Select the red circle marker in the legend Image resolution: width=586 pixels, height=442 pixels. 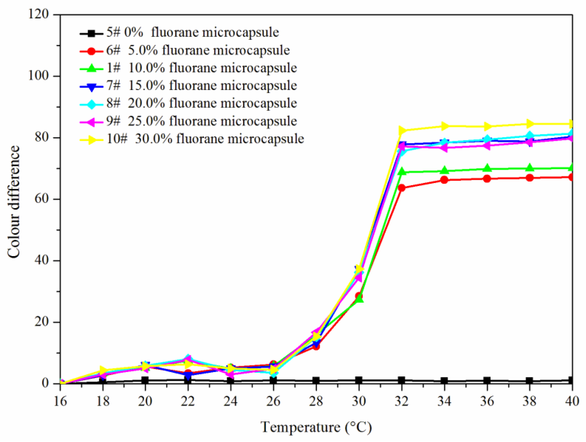[x=92, y=51]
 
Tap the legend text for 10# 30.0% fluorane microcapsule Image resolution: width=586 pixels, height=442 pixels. [x=205, y=139]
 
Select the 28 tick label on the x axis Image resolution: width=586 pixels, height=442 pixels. [x=316, y=401]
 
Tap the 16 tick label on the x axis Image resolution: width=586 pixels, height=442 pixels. [x=60, y=401]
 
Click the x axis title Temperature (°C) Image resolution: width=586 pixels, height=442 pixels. [x=316, y=427]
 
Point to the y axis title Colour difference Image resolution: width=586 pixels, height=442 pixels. [x=14, y=202]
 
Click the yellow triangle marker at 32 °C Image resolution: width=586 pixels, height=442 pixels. [x=402, y=130]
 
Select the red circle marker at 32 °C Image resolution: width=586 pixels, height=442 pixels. [x=402, y=188]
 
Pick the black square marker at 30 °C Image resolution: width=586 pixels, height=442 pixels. [x=359, y=380]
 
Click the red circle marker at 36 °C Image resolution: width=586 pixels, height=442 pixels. [x=487, y=179]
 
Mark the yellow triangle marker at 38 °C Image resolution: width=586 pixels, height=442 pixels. [x=530, y=124]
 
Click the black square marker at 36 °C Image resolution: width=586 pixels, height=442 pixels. [x=487, y=380]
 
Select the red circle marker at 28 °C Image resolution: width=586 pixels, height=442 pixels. [x=316, y=346]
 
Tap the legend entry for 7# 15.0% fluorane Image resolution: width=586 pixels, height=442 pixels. [x=202, y=86]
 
